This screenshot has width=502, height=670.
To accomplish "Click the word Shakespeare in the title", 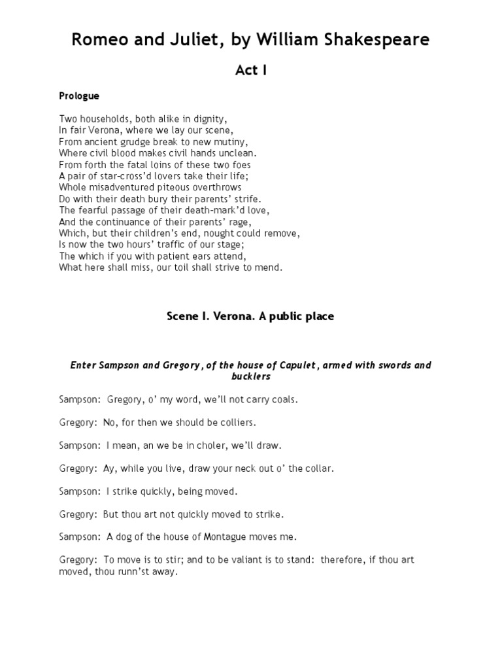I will (x=375, y=39).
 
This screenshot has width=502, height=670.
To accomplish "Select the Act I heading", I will (x=251, y=71).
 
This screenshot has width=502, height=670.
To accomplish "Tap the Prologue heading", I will (x=79, y=96).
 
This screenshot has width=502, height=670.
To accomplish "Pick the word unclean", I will (x=235, y=152).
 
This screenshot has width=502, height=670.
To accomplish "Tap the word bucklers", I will (x=251, y=377).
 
